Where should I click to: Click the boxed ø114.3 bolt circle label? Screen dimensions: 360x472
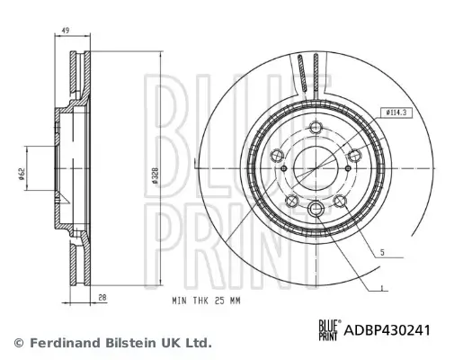tap(396, 112)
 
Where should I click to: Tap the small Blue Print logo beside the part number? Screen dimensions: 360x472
tap(327, 329)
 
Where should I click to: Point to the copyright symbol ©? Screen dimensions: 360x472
tap(18, 343)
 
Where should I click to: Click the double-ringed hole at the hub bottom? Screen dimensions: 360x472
tap(316, 210)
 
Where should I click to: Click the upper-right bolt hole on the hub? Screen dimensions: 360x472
tap(355, 154)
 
